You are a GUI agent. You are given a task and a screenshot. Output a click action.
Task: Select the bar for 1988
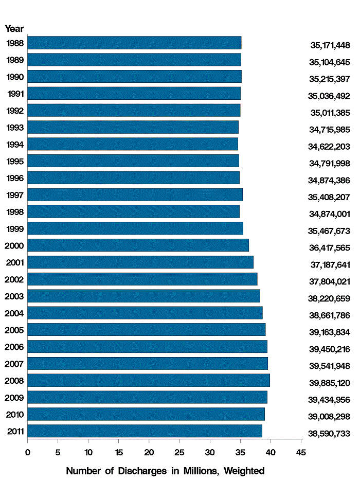(134, 43)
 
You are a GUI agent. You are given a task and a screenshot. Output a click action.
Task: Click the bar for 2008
(149, 380)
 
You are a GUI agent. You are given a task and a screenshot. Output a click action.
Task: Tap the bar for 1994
(133, 144)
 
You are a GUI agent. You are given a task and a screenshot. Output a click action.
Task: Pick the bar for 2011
(145, 431)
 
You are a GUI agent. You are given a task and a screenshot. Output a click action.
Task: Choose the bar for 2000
(138, 245)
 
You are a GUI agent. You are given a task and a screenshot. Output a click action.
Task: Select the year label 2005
(14, 330)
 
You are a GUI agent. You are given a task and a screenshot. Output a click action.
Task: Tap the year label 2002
(14, 279)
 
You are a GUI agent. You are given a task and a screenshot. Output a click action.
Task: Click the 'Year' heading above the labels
(14, 29)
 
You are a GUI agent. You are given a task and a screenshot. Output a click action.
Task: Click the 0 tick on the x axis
(28, 452)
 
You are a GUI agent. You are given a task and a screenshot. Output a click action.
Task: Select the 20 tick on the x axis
(149, 452)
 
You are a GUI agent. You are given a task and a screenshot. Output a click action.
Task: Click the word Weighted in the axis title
(243, 471)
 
